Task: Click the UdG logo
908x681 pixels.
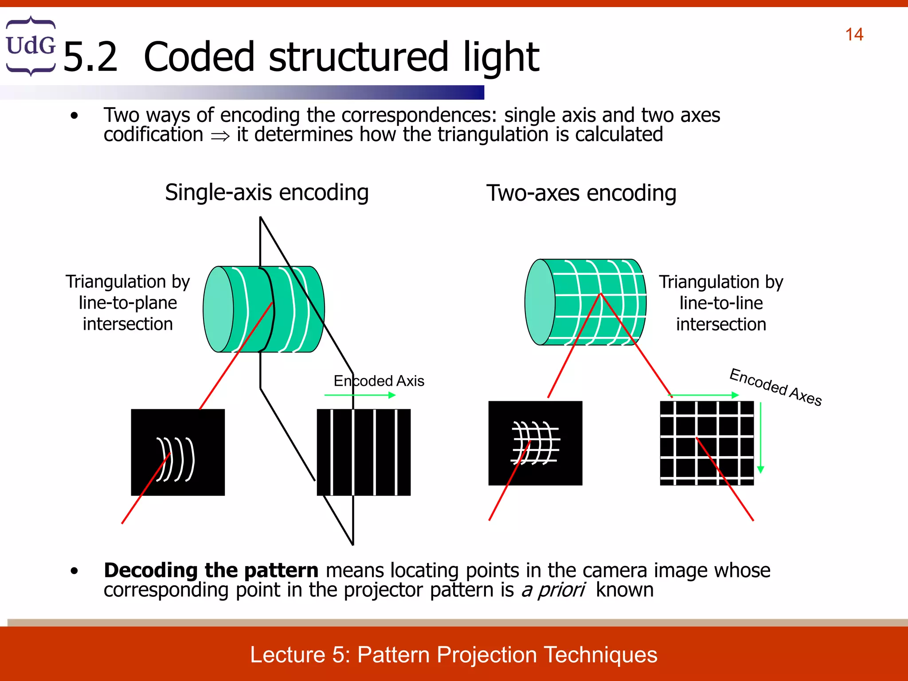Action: (31, 46)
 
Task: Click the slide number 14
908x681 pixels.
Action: (854, 35)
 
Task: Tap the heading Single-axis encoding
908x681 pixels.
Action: (266, 192)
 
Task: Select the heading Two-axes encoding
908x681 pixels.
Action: (581, 193)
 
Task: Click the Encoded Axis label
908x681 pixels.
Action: (379, 381)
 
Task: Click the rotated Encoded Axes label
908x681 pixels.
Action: (775, 387)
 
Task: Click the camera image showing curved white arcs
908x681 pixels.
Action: (178, 452)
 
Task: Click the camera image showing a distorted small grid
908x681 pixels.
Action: (535, 443)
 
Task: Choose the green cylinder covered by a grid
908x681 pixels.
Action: (585, 302)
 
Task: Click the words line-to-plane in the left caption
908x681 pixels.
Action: (128, 303)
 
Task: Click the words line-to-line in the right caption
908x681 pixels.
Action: (721, 303)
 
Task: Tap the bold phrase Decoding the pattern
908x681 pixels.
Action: (211, 570)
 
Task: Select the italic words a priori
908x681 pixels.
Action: (553, 590)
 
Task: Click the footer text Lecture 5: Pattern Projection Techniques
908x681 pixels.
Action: (454, 655)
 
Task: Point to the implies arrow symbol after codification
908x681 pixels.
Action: (220, 136)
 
